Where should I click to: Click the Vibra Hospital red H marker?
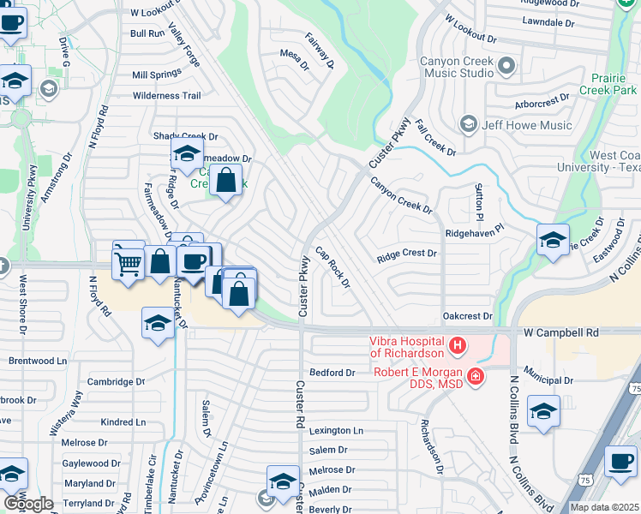point(458,345)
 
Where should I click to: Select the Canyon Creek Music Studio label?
point(456,67)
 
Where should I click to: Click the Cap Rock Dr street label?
point(333,267)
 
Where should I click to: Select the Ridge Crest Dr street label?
point(407,254)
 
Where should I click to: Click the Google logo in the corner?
point(28,504)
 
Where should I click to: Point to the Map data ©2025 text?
point(605,507)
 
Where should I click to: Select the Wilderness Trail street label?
point(166,96)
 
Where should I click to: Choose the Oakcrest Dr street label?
point(467,316)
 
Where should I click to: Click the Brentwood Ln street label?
point(38,361)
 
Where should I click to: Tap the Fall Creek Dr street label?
point(435,137)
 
